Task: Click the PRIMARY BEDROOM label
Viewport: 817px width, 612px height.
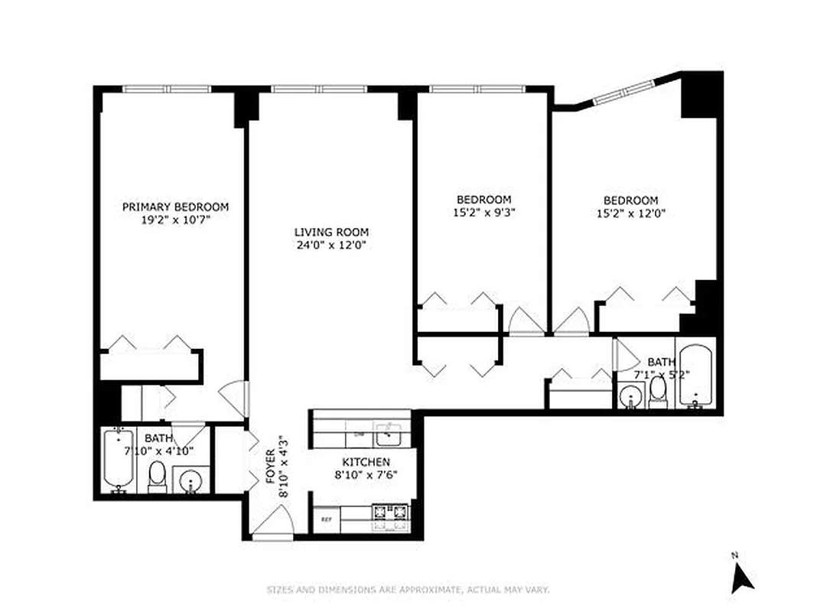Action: (x=175, y=207)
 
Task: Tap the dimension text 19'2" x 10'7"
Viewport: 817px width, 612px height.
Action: (x=175, y=220)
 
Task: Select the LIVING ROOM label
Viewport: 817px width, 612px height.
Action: (x=331, y=232)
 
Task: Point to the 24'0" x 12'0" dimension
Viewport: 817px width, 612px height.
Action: (x=331, y=246)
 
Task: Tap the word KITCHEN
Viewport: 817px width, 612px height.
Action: (x=366, y=462)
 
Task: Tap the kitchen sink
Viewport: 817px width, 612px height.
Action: (x=387, y=433)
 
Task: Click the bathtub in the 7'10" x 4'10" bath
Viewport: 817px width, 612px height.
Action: (x=118, y=461)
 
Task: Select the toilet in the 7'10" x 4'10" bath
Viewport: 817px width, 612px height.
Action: (x=158, y=475)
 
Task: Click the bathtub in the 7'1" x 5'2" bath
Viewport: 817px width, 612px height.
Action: (x=695, y=376)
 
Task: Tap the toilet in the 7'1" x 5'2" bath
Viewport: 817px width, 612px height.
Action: (x=657, y=392)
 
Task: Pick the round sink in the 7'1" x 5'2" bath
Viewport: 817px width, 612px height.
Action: (x=631, y=396)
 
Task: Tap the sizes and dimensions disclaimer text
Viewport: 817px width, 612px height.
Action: (x=408, y=590)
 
